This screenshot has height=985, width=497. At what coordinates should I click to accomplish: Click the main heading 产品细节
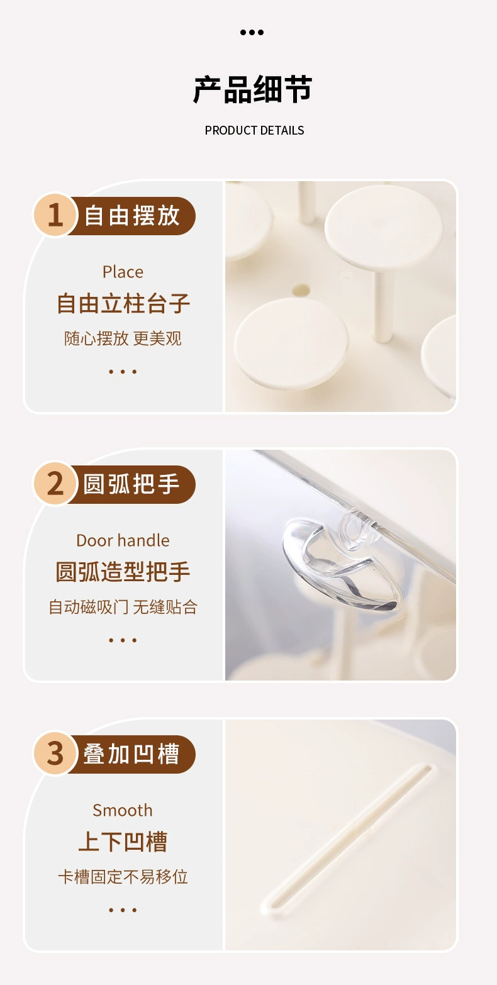[x=252, y=90]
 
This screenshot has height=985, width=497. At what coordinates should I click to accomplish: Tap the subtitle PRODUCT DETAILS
[x=254, y=130]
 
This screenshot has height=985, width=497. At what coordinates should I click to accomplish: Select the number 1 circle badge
[x=55, y=215]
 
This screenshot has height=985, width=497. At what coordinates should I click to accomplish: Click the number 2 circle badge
[x=55, y=484]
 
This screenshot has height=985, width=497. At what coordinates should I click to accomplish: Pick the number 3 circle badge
[x=55, y=753]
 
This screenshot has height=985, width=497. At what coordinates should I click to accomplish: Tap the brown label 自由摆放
[x=132, y=216]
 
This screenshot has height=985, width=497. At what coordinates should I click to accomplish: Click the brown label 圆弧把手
[x=132, y=484]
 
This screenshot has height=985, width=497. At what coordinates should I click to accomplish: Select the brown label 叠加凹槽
[x=132, y=754]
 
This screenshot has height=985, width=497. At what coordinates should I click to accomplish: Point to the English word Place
[x=123, y=272]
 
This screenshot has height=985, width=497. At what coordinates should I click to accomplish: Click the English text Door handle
[x=123, y=540]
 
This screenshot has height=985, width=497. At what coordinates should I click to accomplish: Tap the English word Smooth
[x=123, y=810]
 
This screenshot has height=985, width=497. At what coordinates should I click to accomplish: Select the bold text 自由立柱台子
[x=123, y=304]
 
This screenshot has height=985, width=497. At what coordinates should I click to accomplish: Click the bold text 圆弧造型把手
[x=123, y=572]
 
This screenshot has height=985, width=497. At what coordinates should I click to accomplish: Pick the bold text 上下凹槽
[x=123, y=842]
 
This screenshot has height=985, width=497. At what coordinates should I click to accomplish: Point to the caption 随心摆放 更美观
[x=123, y=338]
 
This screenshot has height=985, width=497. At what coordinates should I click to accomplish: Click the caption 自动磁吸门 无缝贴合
[x=123, y=607]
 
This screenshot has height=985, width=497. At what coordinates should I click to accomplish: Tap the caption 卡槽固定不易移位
[x=123, y=877]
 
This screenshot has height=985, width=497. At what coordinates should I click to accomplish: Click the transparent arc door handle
[x=337, y=560]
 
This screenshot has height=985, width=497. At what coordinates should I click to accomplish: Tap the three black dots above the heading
[x=252, y=32]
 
